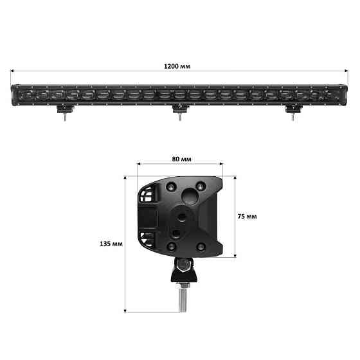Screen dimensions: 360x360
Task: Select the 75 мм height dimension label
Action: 248,216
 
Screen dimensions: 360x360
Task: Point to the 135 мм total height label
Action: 111,244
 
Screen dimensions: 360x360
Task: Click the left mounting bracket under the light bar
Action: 65,111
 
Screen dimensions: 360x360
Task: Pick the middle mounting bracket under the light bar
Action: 179,112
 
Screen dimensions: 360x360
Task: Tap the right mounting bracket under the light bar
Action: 293,111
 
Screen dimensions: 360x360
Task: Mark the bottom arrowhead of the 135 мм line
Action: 124,310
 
